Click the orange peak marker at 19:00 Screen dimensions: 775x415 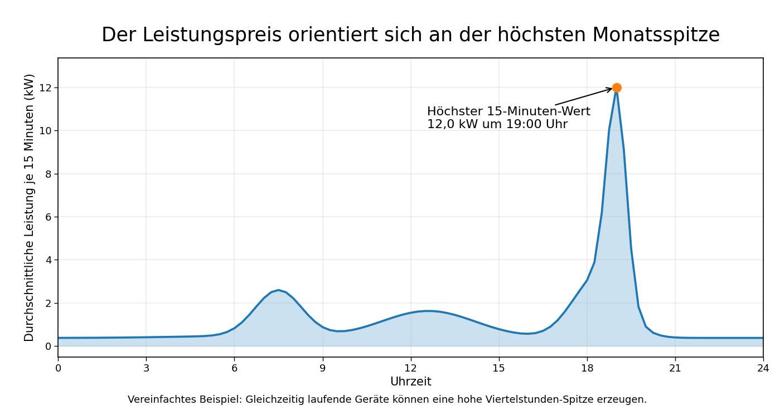click(x=617, y=88)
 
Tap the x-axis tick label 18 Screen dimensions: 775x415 click(x=587, y=368)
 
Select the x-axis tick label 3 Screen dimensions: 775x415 click(x=146, y=368)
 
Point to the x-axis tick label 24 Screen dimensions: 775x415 click(x=763, y=368)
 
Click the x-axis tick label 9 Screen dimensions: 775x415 click(x=322, y=368)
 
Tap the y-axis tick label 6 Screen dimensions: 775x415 click(x=48, y=217)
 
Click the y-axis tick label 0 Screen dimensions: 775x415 click(x=48, y=346)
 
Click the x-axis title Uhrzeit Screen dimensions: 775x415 click(x=411, y=382)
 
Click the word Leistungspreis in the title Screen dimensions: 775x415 click(x=212, y=35)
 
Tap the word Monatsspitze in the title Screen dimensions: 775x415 click(x=656, y=35)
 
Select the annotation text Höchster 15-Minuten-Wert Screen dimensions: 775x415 click(x=508, y=111)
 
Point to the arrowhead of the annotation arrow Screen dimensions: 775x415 click(x=611, y=89)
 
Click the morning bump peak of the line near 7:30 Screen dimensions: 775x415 click(x=279, y=290)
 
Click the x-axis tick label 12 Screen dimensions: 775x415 click(x=411, y=368)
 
